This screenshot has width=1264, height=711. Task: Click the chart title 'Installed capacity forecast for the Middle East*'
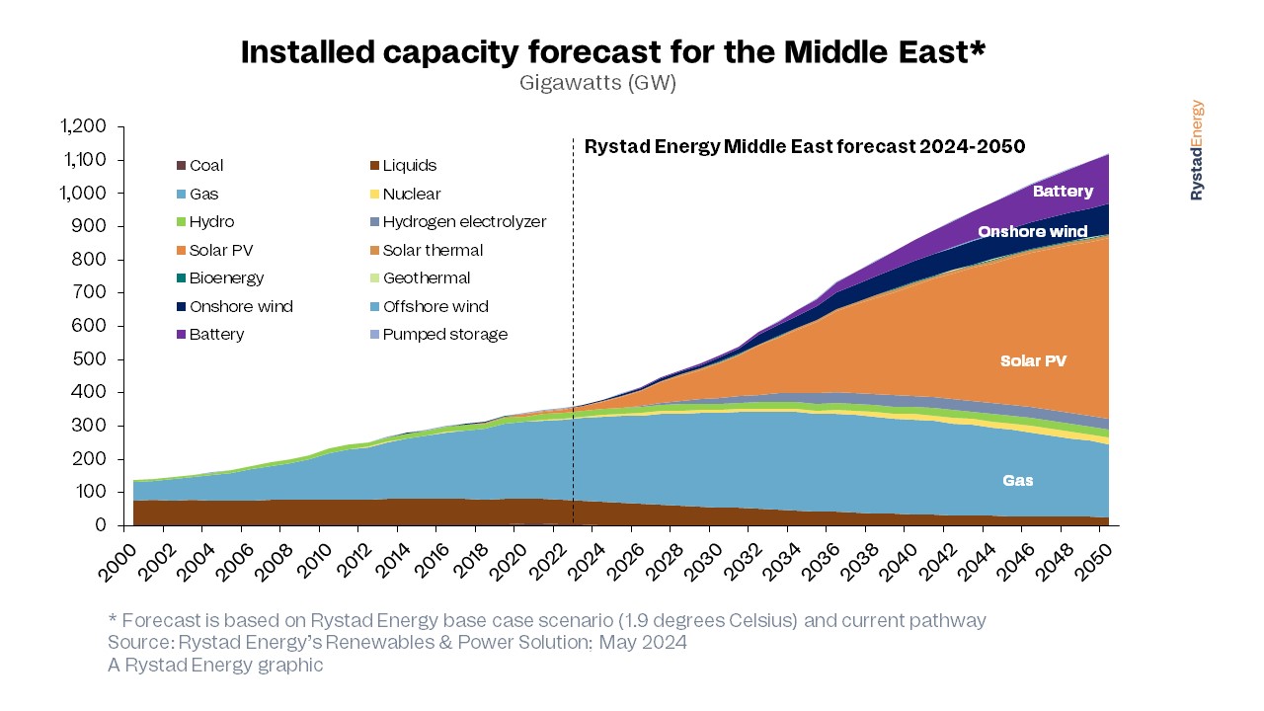[x=613, y=52]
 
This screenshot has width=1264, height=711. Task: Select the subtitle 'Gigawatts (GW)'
[x=597, y=83]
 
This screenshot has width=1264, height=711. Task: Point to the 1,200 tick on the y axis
[x=83, y=126]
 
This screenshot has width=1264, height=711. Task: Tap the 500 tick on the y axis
[x=93, y=359]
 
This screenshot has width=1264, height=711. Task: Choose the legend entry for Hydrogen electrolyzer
[x=464, y=222]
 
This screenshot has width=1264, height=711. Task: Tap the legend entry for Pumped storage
[x=444, y=335]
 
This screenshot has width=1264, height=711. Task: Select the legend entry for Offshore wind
[x=435, y=307]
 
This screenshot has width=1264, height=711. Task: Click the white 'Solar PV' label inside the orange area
[x=1033, y=361]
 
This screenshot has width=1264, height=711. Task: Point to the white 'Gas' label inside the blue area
[x=1018, y=481]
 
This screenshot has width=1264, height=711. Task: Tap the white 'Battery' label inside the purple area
[x=1063, y=192]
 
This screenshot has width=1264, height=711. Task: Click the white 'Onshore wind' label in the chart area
[x=1032, y=232]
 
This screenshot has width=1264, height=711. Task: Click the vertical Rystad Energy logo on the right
[x=1197, y=150]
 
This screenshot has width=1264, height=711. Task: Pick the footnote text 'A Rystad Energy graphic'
[x=215, y=666]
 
